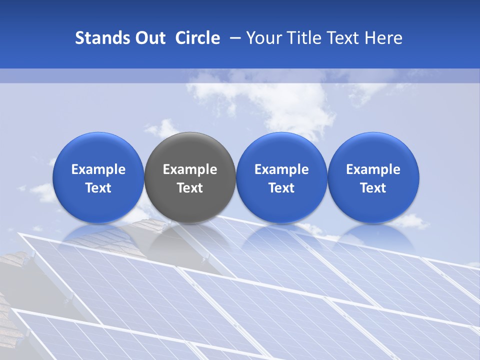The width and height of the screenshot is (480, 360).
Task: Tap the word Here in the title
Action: [383, 38]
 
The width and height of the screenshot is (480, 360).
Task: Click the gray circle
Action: [190, 150]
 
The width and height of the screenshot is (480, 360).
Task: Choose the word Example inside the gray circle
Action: [190, 169]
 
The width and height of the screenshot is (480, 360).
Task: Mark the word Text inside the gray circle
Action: [190, 188]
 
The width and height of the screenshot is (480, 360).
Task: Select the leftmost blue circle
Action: [98, 150]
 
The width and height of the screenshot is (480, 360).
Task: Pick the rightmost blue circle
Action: [373, 150]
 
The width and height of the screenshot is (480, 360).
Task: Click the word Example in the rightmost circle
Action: [373, 169]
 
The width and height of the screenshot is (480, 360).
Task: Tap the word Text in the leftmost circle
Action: [98, 188]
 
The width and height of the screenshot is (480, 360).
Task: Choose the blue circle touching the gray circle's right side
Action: [281, 150]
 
